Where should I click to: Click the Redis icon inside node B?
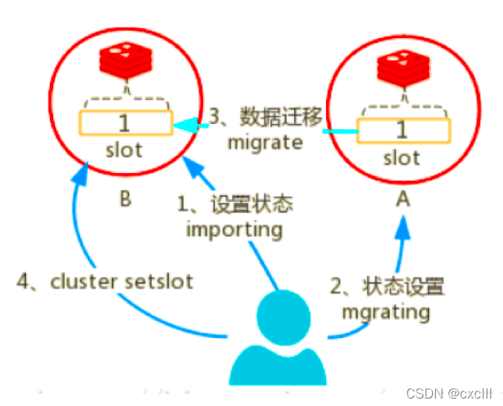click(x=125, y=60)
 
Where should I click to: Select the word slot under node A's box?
click(x=402, y=158)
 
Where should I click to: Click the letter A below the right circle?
click(x=404, y=201)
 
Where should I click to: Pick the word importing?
click(x=234, y=228)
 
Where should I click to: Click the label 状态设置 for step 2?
click(x=403, y=286)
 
